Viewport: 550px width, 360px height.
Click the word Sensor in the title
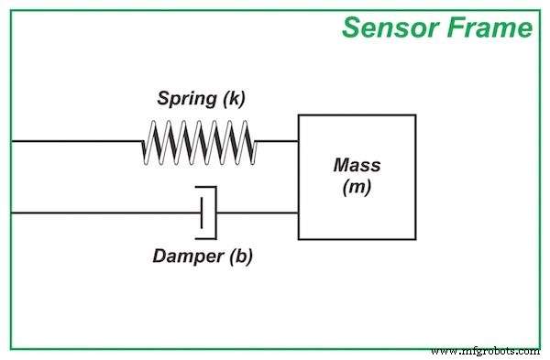(386, 28)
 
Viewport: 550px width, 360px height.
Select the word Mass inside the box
(357, 168)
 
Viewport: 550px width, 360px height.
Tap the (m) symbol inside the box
(357, 189)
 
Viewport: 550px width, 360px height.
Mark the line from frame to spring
(78, 142)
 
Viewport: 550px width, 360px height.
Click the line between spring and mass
(277, 142)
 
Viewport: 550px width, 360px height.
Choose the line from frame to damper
(101, 213)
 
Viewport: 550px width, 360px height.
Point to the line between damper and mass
(257, 213)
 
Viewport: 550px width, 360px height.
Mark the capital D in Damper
(159, 256)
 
